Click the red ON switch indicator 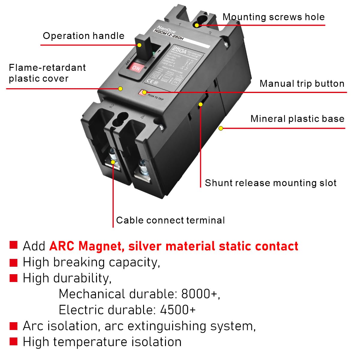point(136,68)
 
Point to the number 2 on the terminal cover point(111,106)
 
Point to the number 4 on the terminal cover point(142,117)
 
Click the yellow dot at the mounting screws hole point(197,25)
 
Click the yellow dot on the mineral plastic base point(221,128)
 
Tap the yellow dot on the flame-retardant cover point(121,88)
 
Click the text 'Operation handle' point(83,36)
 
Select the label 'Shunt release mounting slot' point(270,183)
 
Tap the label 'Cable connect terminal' point(170,220)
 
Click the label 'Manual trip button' point(302,83)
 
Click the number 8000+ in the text point(199,294)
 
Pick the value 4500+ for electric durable point(178,310)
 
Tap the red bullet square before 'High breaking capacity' point(13,262)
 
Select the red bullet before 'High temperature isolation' point(13,342)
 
